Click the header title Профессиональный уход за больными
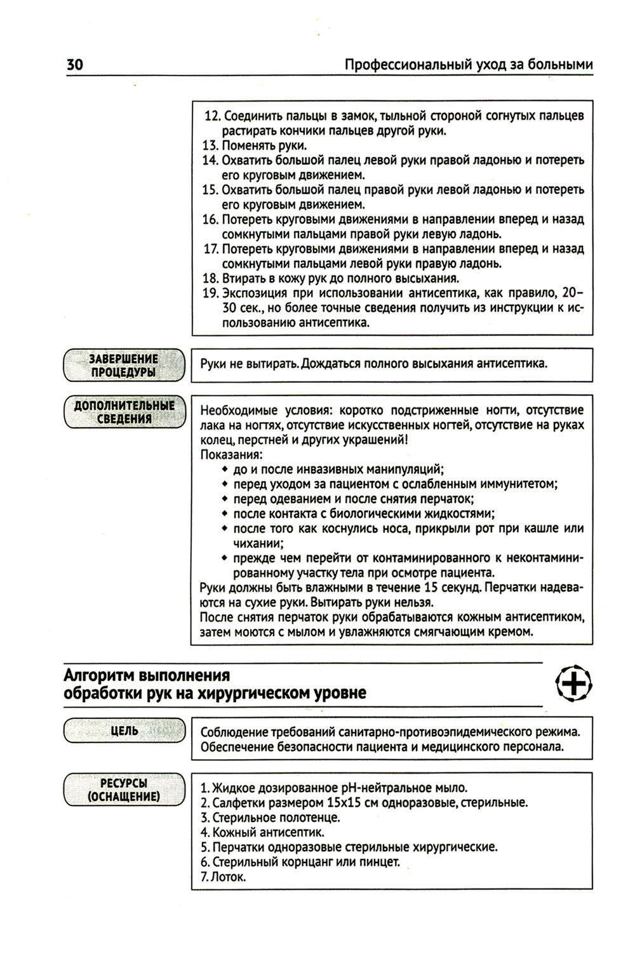468,65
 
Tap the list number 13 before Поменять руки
210,145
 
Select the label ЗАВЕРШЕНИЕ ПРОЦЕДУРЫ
124,366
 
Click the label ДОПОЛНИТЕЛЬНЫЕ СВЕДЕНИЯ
124,412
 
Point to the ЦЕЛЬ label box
124,731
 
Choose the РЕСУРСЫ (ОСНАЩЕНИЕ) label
124,790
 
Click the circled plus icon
573,684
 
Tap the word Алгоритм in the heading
101,675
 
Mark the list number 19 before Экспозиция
210,293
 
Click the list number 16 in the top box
210,220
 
